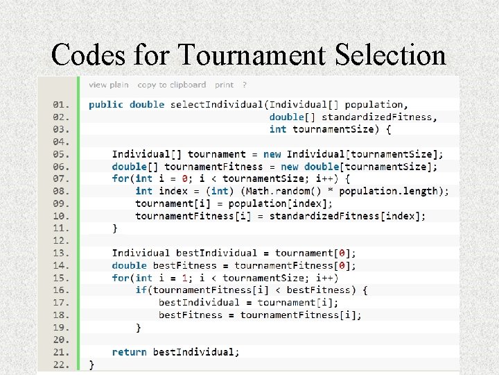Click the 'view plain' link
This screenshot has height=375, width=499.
(109, 85)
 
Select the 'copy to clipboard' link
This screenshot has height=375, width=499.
(172, 85)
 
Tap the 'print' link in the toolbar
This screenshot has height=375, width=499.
(224, 85)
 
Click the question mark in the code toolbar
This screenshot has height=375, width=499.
(245, 85)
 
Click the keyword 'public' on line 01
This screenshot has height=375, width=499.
(106, 105)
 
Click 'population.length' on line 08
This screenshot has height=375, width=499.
(392, 191)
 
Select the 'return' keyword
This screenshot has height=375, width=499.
(129, 352)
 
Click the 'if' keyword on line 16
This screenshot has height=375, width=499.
(141, 290)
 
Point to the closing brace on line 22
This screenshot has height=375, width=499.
(92, 364)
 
